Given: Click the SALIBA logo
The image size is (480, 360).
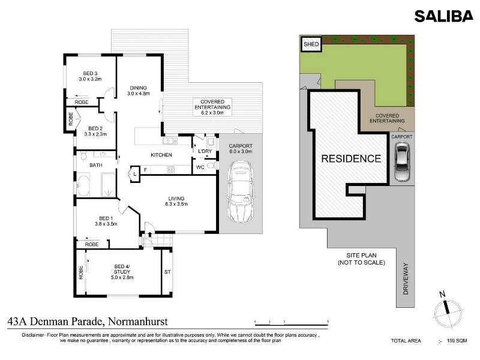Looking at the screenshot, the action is [x=443, y=16].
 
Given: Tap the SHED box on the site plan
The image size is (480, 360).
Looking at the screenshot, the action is [x=311, y=44].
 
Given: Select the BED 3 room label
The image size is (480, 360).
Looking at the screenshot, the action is [x=90, y=76].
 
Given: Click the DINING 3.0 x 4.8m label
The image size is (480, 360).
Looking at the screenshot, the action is [x=139, y=91].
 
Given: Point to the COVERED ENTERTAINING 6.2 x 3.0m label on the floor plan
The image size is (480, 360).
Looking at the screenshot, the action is [x=212, y=107].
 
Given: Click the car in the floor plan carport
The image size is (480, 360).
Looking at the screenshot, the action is [x=241, y=192].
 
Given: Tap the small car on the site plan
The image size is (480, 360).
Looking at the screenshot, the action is [x=401, y=162].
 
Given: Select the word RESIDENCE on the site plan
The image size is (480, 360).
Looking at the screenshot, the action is [x=351, y=158].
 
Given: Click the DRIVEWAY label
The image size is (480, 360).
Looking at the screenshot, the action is [x=406, y=278].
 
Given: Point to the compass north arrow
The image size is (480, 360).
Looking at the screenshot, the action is [x=446, y=306].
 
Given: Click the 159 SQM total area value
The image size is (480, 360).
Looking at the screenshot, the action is [x=457, y=340].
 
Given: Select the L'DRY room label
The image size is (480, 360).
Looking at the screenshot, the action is [x=205, y=151].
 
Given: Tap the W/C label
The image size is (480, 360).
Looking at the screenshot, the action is [x=200, y=167].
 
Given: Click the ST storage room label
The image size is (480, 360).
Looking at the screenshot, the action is [x=167, y=272].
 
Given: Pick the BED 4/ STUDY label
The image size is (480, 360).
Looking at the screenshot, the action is [x=122, y=272].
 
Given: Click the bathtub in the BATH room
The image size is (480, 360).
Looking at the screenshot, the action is [x=83, y=185].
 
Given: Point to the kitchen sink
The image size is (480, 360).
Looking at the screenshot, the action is [x=170, y=141].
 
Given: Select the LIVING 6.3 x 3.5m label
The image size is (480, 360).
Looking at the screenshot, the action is [x=176, y=201].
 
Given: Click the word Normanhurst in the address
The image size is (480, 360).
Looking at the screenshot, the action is [x=138, y=322].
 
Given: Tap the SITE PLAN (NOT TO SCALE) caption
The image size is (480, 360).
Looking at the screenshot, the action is [x=362, y=259].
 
